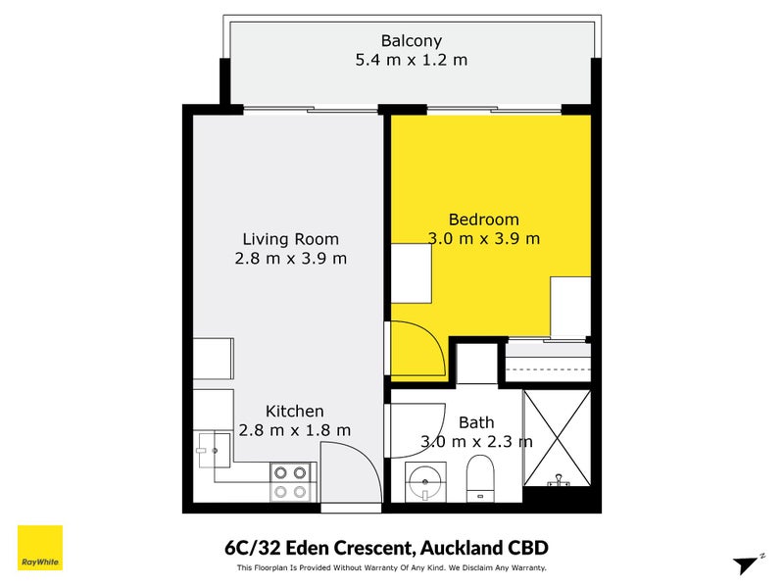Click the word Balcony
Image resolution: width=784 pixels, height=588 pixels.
[412, 41]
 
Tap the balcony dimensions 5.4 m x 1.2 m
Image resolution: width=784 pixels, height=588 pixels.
[412, 60]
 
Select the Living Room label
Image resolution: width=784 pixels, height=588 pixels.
[290, 239]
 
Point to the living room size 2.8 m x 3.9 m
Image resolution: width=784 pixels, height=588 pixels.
[290, 259]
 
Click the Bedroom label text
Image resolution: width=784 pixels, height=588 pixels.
[483, 220]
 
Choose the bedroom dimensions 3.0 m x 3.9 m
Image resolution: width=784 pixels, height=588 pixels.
[483, 238]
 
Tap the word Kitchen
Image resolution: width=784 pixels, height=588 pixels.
[294, 412]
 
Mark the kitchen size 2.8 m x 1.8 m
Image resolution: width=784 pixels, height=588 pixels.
[294, 430]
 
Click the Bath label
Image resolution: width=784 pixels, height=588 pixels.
[476, 422]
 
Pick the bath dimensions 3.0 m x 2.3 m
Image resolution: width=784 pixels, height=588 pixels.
[476, 442]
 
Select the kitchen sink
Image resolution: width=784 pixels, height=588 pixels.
[213, 450]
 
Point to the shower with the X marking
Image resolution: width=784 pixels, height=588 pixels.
[557, 437]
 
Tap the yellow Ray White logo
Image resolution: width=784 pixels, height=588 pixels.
[40, 548]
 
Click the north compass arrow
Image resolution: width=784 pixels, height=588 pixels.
[748, 563]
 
